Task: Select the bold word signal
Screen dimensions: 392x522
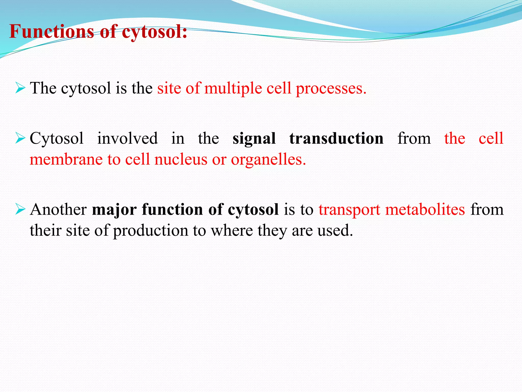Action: tap(254, 138)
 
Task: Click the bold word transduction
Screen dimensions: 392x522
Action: tap(336, 138)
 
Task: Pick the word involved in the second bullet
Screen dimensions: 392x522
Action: tap(127, 138)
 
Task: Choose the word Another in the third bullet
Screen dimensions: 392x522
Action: tap(58, 210)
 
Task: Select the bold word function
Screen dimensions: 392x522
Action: tap(172, 210)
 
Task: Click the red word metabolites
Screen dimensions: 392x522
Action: tap(425, 210)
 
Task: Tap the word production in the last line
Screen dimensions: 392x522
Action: tap(150, 230)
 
